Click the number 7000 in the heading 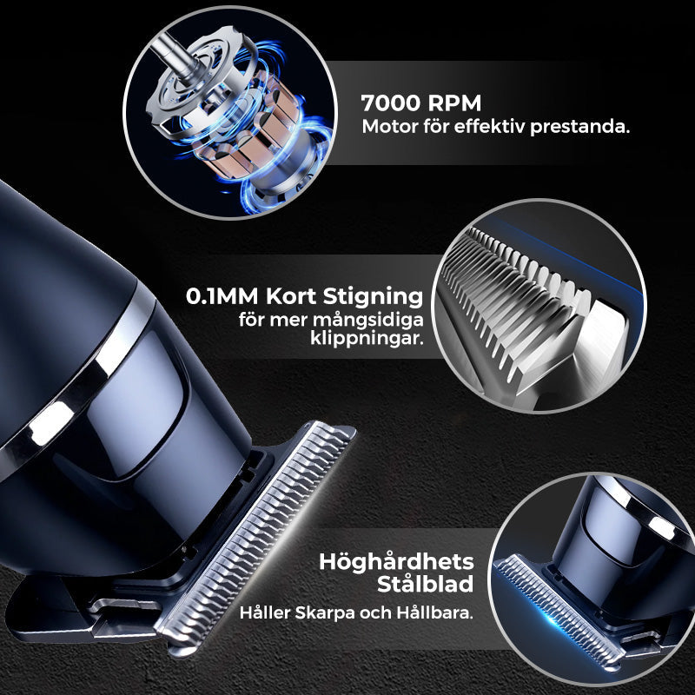390,103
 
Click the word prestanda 579,128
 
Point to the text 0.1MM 222,296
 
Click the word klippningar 367,340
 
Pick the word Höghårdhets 396,563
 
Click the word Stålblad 425,584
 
